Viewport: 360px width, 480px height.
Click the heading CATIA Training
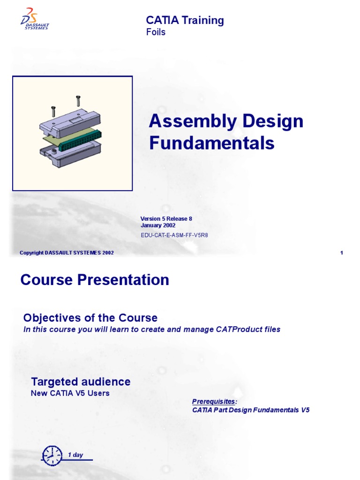pos(185,20)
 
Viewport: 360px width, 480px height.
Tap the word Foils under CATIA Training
pos(156,32)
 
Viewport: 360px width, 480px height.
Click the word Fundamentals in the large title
pos(212,143)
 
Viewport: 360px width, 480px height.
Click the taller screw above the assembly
pos(78,101)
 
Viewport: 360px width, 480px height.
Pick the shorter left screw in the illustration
pos(53,111)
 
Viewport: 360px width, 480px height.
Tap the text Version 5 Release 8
pos(166,218)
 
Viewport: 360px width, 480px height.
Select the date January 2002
pos(158,225)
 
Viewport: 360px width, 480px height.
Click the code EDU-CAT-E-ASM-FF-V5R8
pos(174,235)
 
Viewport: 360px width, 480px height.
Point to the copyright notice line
pos(67,253)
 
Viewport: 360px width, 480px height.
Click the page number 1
pos(342,253)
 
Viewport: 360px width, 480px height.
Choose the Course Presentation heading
pos(95,280)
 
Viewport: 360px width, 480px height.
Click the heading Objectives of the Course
pos(90,317)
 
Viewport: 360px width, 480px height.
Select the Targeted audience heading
pos(81,382)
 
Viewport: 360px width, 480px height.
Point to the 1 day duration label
pos(75,455)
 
